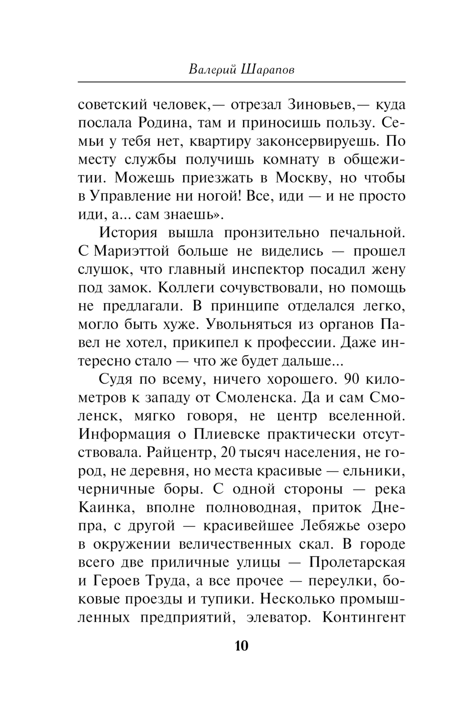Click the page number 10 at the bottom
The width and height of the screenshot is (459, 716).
pyautogui.click(x=241, y=646)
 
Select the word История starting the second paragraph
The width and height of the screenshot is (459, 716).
pyautogui.click(x=128, y=232)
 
